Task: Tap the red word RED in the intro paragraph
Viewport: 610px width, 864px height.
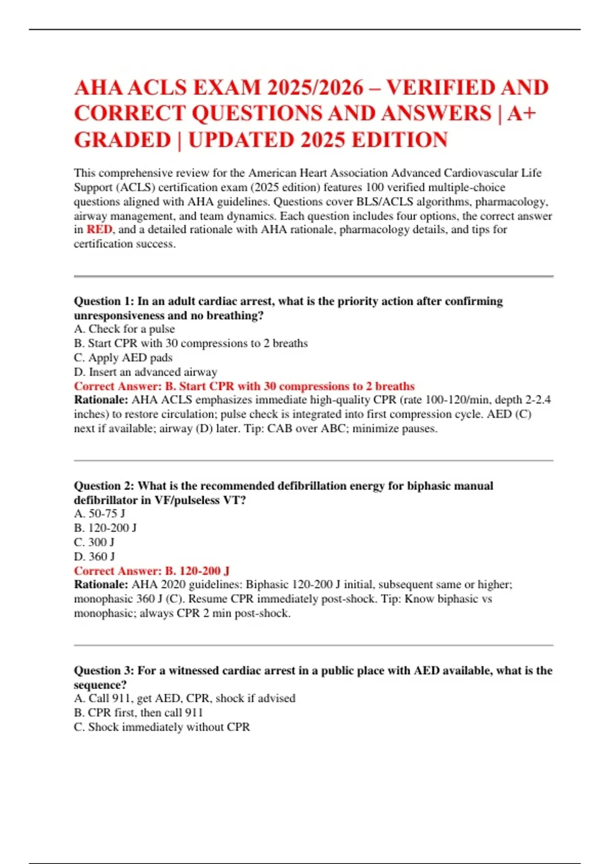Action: point(99,230)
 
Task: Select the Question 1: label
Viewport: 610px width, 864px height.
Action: point(104,301)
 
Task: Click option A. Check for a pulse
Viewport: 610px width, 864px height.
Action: point(124,329)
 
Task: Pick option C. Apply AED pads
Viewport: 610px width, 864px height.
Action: point(123,358)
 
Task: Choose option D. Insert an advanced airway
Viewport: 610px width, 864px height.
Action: point(145,372)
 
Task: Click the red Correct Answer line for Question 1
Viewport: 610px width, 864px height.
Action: point(244,386)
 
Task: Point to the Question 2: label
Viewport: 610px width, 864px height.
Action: point(104,486)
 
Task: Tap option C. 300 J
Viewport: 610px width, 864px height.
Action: point(94,542)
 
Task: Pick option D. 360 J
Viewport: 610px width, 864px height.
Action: point(95,557)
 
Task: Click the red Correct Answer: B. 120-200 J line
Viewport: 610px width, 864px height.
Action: point(151,571)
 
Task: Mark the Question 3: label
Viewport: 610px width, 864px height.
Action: point(104,671)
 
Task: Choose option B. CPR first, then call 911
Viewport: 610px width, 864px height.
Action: point(138,713)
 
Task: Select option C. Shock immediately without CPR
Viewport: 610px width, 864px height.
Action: point(162,727)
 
